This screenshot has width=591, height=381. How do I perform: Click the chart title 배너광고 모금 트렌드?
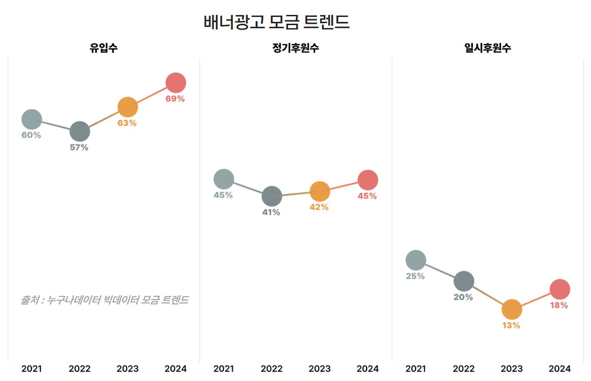(x=277, y=22)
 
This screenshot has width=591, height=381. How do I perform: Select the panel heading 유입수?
(x=103, y=48)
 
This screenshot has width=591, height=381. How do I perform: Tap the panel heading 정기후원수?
(x=295, y=48)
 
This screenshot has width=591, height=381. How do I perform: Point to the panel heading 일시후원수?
(x=488, y=48)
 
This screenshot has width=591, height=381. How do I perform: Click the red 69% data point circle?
(x=175, y=83)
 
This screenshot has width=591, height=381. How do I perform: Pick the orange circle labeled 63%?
(x=127, y=107)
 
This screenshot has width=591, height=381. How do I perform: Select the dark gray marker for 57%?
(x=79, y=132)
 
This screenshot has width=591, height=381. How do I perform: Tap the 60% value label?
(x=31, y=135)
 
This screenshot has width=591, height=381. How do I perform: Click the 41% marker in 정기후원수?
(x=271, y=196)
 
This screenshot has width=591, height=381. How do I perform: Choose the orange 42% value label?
(x=319, y=207)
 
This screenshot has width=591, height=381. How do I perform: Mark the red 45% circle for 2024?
(x=368, y=180)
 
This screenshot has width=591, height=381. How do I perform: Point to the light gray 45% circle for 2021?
(x=223, y=179)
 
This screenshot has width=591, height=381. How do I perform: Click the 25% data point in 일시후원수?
(x=416, y=260)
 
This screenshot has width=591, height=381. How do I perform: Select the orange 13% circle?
(x=512, y=309)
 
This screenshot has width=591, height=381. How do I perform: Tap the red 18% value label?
(x=559, y=305)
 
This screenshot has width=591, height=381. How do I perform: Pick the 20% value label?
(x=463, y=297)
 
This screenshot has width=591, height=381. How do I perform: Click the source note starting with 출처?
(x=104, y=300)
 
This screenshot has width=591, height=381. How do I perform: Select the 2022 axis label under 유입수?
(x=79, y=369)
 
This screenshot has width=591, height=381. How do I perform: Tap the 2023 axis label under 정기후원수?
(x=320, y=369)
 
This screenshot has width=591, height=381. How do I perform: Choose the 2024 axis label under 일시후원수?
(x=560, y=369)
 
